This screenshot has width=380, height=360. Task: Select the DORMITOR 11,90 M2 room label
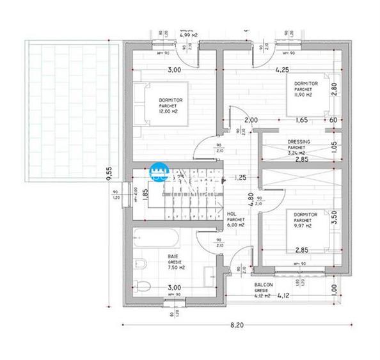point(302,89)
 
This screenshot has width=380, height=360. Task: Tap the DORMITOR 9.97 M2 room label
point(302,220)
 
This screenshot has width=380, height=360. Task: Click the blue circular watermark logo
point(158,171)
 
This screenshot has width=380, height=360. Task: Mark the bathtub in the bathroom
point(156,241)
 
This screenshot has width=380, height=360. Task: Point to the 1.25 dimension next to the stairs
point(241,177)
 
